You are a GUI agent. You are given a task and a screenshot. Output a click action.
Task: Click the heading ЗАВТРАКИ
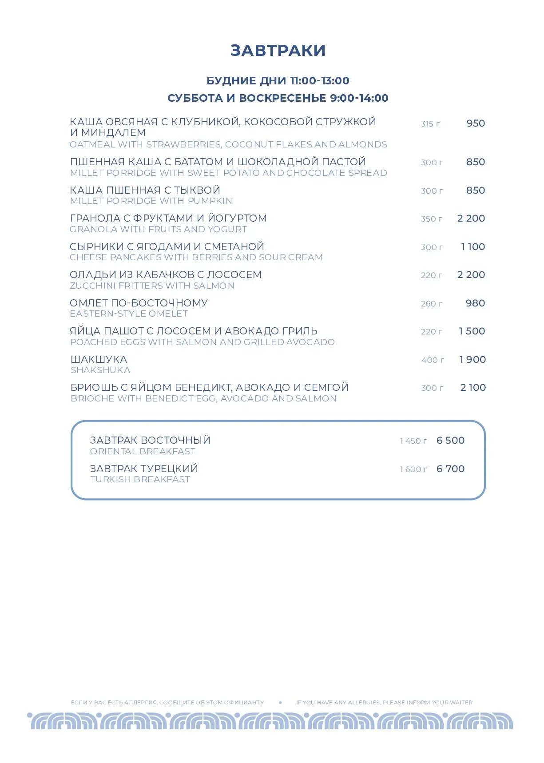click(278, 51)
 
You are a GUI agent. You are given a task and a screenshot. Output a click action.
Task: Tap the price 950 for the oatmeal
click(476, 123)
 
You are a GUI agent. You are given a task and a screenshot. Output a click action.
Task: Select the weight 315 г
click(430, 124)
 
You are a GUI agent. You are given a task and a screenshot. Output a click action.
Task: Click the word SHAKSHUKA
click(100, 370)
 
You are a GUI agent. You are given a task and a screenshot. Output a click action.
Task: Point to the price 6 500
click(450, 441)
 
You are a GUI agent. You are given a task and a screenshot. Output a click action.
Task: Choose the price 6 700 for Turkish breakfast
click(450, 469)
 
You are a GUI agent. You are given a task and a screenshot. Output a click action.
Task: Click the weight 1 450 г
click(413, 441)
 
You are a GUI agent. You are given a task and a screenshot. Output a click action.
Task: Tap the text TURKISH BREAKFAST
click(140, 480)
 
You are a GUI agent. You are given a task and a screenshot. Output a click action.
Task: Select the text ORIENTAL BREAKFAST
click(143, 452)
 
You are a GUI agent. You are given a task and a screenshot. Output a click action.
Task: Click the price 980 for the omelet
click(475, 303)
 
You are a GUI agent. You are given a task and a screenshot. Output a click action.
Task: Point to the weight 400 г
click(433, 360)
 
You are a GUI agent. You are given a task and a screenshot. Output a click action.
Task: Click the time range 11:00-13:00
click(319, 81)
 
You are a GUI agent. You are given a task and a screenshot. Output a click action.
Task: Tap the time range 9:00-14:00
click(359, 98)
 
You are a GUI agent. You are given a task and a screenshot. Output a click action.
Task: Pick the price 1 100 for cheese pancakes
click(473, 247)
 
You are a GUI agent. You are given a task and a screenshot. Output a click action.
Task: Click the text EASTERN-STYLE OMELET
click(129, 314)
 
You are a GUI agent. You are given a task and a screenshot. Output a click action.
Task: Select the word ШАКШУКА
click(99, 359)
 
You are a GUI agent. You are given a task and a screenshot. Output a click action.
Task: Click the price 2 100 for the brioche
click(473, 388)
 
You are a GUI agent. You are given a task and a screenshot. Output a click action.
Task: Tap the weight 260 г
click(432, 304)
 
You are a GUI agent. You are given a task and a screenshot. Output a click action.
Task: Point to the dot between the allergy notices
click(280, 703)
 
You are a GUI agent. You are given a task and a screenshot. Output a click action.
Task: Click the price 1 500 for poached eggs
click(472, 331)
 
